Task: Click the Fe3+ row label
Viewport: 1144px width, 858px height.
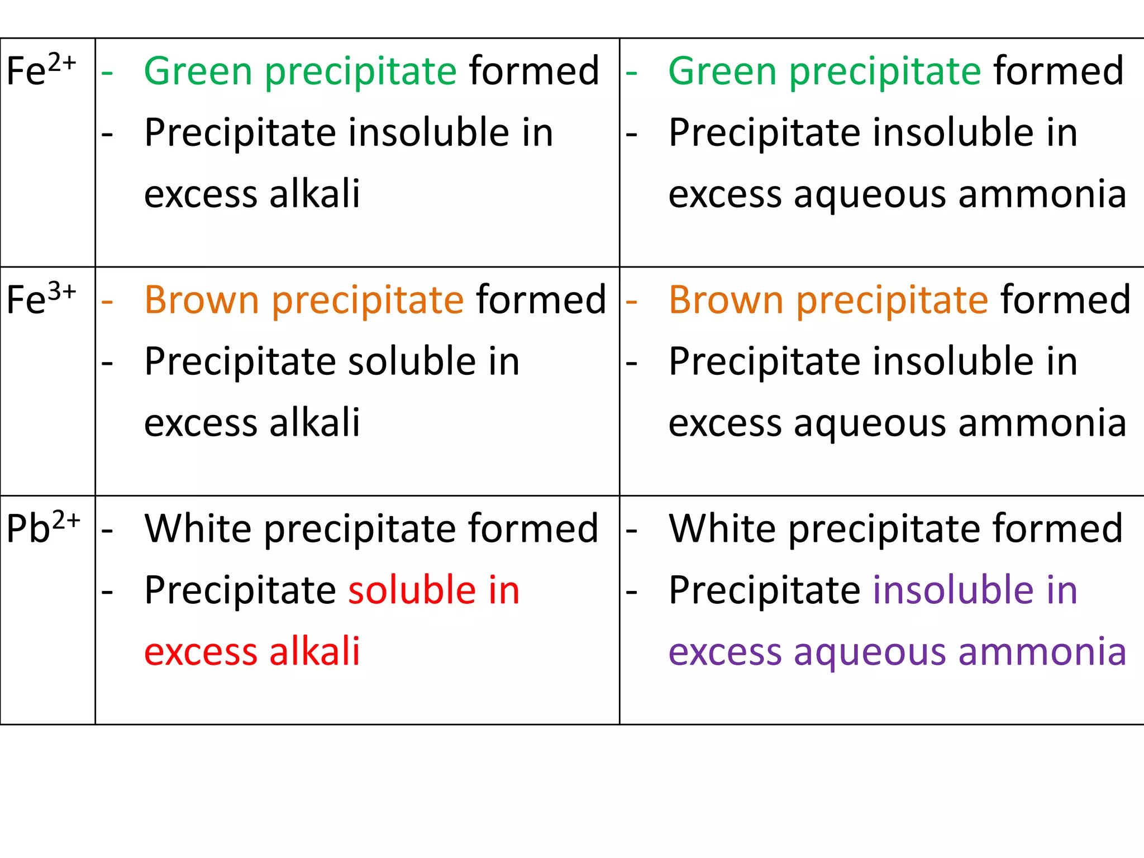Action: click(x=41, y=299)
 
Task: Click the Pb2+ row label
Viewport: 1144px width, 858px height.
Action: click(x=43, y=528)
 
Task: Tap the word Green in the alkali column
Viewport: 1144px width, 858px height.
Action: click(x=198, y=71)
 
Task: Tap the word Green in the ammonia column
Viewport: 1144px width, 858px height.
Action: click(x=722, y=71)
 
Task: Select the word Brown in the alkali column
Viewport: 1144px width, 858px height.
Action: click(x=202, y=301)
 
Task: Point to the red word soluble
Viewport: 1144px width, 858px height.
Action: click(x=412, y=590)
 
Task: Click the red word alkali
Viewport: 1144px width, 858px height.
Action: click(x=314, y=651)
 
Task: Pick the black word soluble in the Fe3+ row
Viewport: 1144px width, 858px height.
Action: click(x=412, y=361)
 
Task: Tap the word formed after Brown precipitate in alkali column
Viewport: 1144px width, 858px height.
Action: click(x=541, y=300)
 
